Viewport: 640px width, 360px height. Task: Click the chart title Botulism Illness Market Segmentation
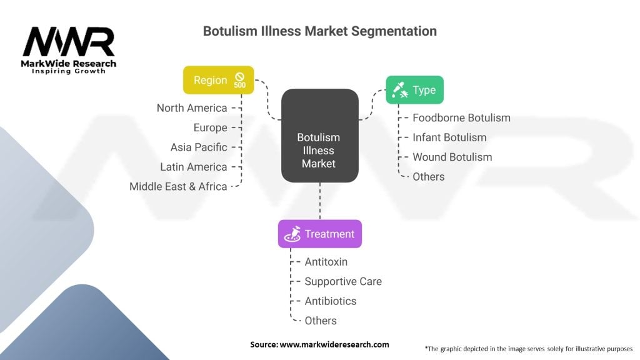[x=319, y=31]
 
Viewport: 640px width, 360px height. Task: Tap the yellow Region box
[x=218, y=80]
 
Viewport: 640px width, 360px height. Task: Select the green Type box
[x=414, y=90]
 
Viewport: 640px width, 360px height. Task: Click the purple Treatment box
[x=319, y=234]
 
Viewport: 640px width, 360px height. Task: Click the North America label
[x=192, y=108]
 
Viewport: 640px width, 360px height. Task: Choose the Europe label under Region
[x=210, y=127]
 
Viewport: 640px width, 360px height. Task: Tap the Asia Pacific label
[x=199, y=147]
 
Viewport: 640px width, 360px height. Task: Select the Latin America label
[x=193, y=167]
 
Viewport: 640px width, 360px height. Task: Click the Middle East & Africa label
[x=178, y=186]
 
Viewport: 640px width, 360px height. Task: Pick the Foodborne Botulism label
[x=461, y=117]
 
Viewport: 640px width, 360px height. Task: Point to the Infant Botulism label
[x=449, y=137]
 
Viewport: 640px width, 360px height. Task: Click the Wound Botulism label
[x=452, y=157]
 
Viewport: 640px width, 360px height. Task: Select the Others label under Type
[x=428, y=177]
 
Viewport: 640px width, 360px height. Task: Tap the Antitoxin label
[x=326, y=262]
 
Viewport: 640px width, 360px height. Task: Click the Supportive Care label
[x=342, y=281]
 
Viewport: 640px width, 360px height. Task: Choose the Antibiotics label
[x=330, y=301]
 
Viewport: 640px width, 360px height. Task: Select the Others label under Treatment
[x=320, y=321]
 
